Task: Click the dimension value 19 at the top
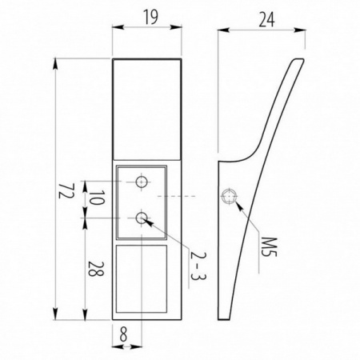point(151,18)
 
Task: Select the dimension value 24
point(266,20)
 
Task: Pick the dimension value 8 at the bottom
point(123,335)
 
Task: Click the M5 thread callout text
point(269,247)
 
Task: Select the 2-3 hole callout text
point(198,266)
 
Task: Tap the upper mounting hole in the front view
point(142,182)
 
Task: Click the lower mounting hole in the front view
point(142,218)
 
